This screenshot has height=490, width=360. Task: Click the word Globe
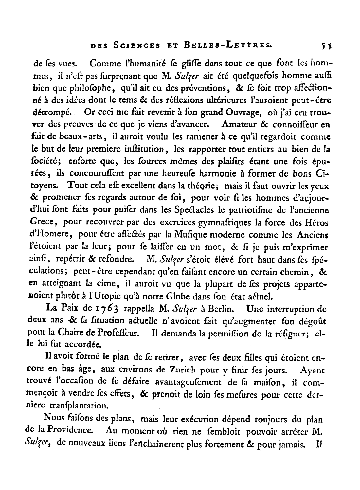(x=185, y=297)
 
